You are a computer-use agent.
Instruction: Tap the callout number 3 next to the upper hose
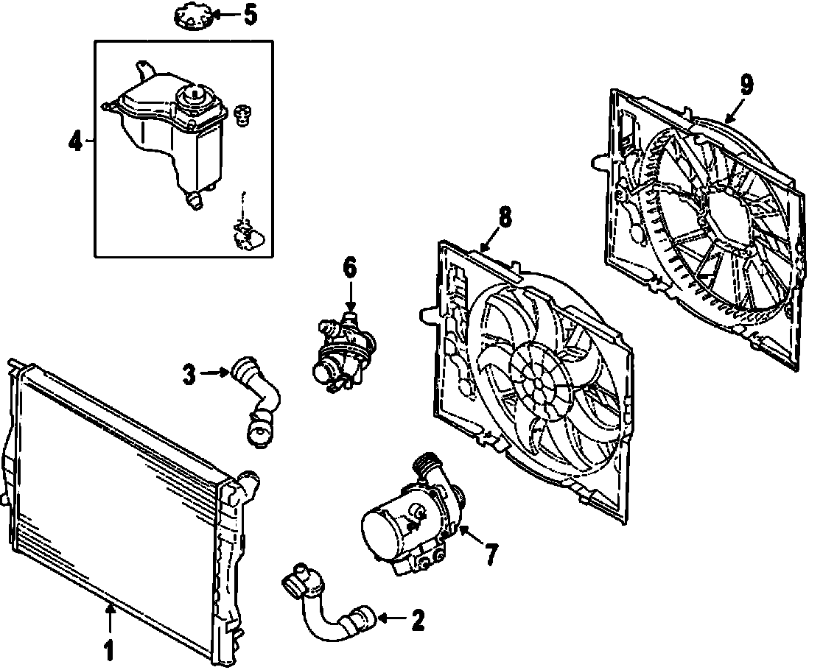pyautogui.click(x=189, y=374)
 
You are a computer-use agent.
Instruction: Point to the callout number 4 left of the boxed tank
pyautogui.click(x=76, y=141)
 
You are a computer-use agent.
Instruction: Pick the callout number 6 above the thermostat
pyautogui.click(x=350, y=268)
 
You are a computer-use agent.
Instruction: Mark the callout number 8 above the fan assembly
pyautogui.click(x=505, y=217)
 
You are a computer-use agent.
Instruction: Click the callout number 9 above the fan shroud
pyautogui.click(x=746, y=85)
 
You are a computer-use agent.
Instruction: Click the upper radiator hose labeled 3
pyautogui.click(x=257, y=401)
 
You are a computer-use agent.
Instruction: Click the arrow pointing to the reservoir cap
pyautogui.click(x=226, y=15)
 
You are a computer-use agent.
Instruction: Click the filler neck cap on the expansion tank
pyautogui.click(x=195, y=99)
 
